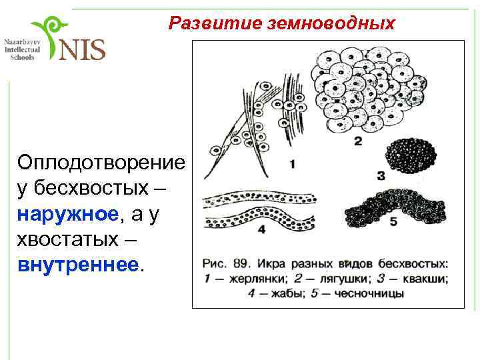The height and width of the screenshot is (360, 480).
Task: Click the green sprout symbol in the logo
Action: pyautogui.click(x=50, y=37)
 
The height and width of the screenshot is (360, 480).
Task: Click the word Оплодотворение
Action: pyautogui.click(x=101, y=163)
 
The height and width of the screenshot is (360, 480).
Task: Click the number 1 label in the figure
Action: pyautogui.click(x=293, y=163)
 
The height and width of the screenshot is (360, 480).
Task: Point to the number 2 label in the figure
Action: pyautogui.click(x=358, y=141)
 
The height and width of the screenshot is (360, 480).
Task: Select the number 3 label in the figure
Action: pyautogui.click(x=381, y=177)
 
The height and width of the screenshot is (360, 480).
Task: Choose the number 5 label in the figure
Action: pyautogui.click(x=393, y=221)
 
